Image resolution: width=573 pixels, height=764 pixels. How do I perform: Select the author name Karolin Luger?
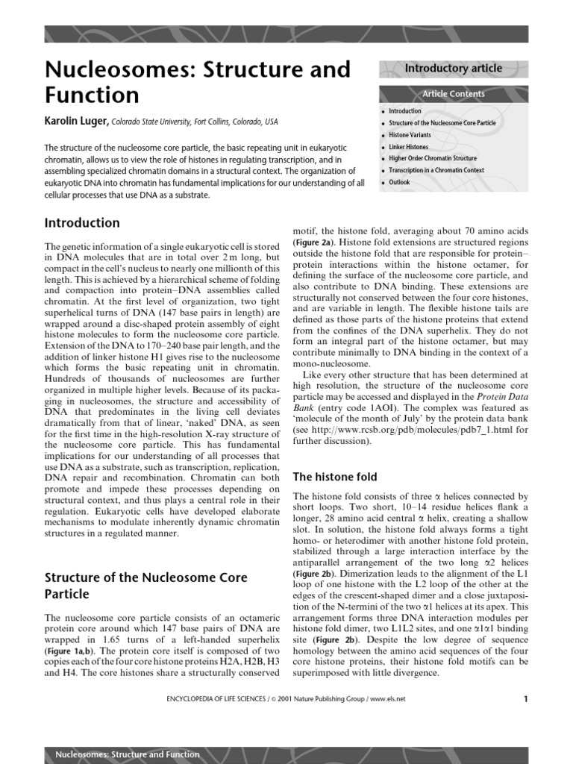tap(77, 122)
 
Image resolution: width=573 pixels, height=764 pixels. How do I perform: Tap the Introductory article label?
tap(453, 69)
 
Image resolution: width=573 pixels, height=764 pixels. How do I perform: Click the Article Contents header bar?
tap(453, 94)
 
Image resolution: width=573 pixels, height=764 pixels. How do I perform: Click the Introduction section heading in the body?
tap(82, 223)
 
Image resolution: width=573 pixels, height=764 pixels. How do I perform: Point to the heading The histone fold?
tap(335, 477)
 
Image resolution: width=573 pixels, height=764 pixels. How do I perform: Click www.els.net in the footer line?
tap(388, 699)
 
